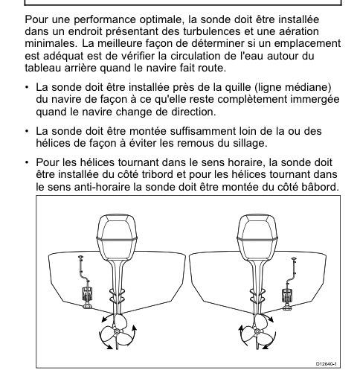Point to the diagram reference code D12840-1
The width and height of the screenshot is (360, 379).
(x=327, y=364)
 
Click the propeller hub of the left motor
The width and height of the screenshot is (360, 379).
(x=117, y=331)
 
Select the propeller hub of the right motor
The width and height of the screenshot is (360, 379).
(x=257, y=331)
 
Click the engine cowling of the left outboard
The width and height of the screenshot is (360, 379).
(x=117, y=238)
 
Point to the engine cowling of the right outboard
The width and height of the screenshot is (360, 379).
(x=257, y=238)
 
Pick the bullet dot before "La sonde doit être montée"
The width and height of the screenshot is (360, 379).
(x=27, y=131)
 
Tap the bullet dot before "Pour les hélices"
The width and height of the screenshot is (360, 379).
(x=27, y=162)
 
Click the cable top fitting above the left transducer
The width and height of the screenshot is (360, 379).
(x=81, y=257)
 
